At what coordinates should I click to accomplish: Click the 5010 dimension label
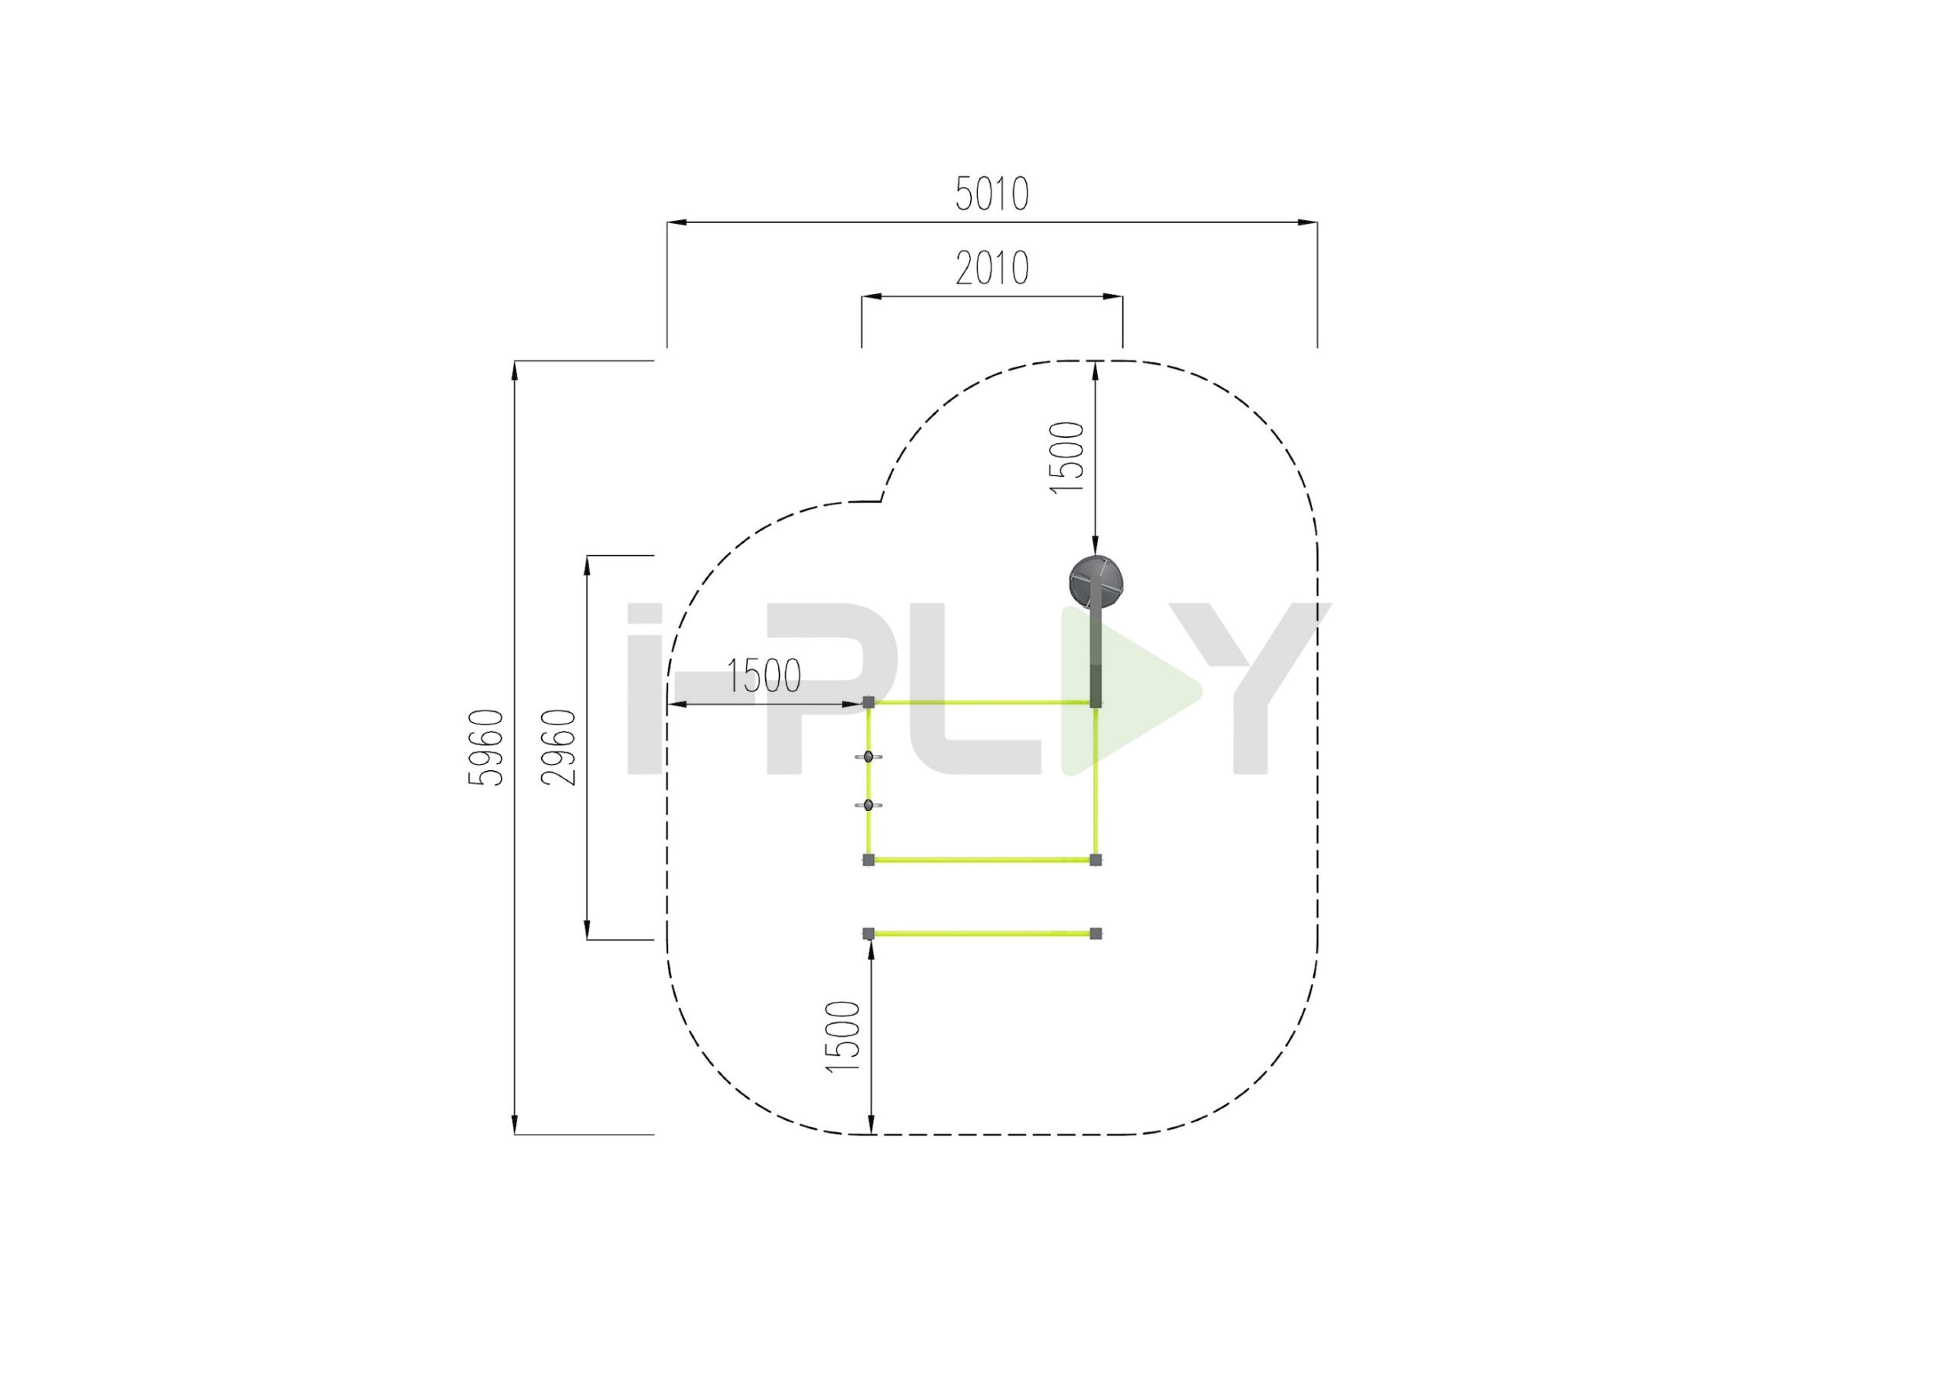click(x=991, y=194)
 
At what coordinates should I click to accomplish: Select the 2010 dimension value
click(x=991, y=268)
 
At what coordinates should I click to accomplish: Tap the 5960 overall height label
click(x=488, y=747)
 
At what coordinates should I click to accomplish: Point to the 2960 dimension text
click(x=559, y=747)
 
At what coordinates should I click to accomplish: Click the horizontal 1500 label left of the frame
click(x=764, y=676)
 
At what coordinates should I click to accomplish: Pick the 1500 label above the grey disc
click(x=1067, y=457)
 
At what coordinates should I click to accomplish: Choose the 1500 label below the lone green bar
click(x=844, y=1036)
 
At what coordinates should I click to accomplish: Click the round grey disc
click(x=1096, y=582)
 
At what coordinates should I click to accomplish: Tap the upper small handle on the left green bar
click(x=868, y=756)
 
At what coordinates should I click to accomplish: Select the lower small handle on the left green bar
click(x=868, y=805)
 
